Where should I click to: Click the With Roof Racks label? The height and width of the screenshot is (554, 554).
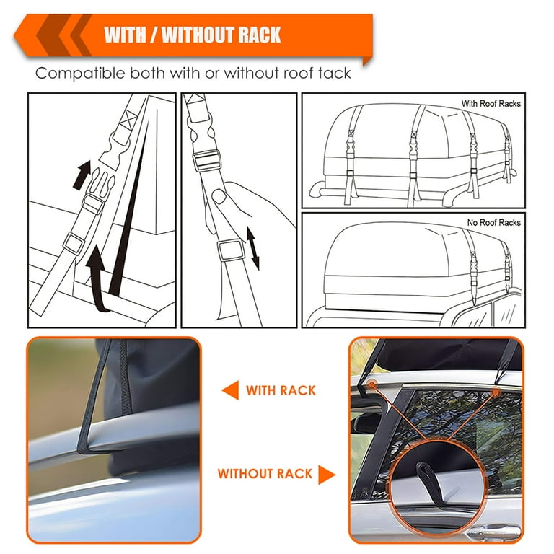tap(491, 104)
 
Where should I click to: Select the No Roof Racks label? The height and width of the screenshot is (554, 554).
tap(494, 223)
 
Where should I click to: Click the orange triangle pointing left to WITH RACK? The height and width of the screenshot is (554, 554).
tap(230, 390)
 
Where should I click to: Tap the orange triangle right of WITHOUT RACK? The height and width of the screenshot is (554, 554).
tap(327, 474)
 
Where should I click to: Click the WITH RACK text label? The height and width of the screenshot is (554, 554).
tap(281, 390)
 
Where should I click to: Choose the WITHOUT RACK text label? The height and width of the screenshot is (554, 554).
tap(265, 474)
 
